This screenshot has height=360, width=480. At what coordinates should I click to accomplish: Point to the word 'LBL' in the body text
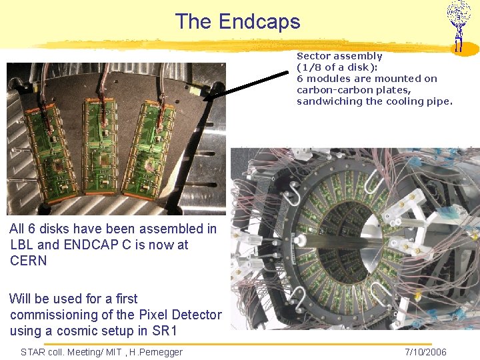pyautogui.click(x=23, y=245)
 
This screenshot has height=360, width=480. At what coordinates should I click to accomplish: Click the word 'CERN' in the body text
pyautogui.click(x=29, y=261)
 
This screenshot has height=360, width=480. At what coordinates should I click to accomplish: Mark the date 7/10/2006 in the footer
pyautogui.click(x=425, y=352)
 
